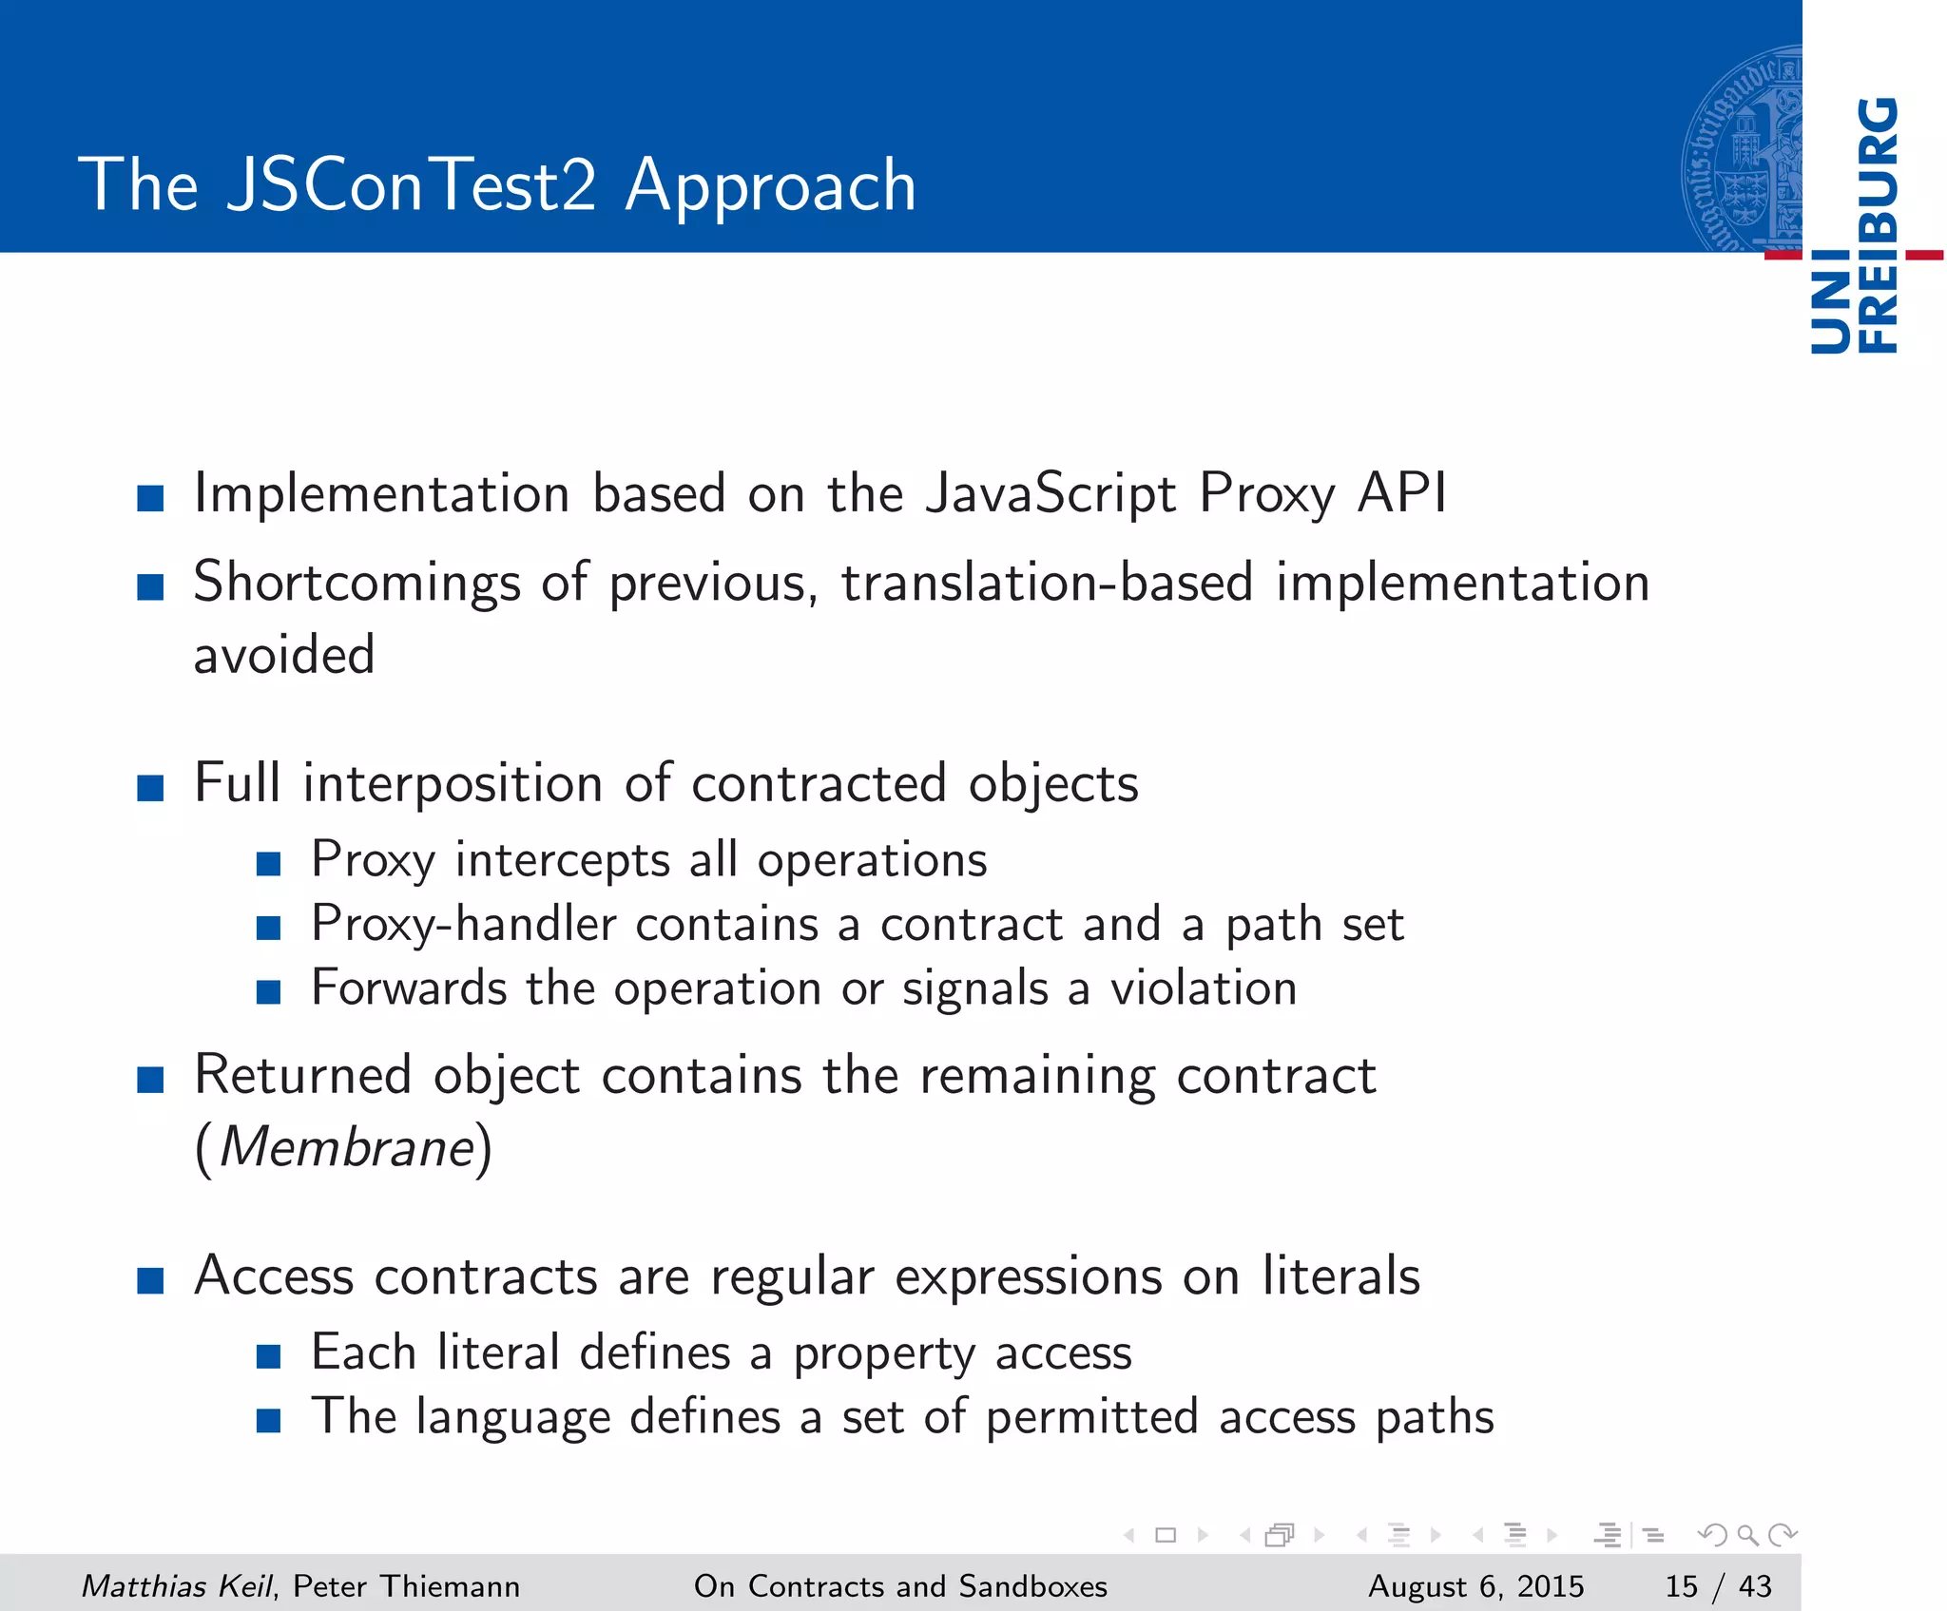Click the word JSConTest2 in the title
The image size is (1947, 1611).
412,184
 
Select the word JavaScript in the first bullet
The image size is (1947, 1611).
1051,493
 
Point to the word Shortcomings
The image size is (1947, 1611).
357,583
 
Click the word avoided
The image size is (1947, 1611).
284,655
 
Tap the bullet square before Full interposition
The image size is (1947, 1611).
150,788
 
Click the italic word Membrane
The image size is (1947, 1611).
346,1147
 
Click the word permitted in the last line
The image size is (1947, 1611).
1091,1417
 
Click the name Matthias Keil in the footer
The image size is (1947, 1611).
177,1585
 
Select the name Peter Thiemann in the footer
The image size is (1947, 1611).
407,1585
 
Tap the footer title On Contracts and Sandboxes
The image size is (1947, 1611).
900,1585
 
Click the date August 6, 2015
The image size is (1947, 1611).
1475,1585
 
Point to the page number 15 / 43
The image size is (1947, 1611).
1718,1585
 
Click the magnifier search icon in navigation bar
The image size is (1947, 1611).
1746,1535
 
